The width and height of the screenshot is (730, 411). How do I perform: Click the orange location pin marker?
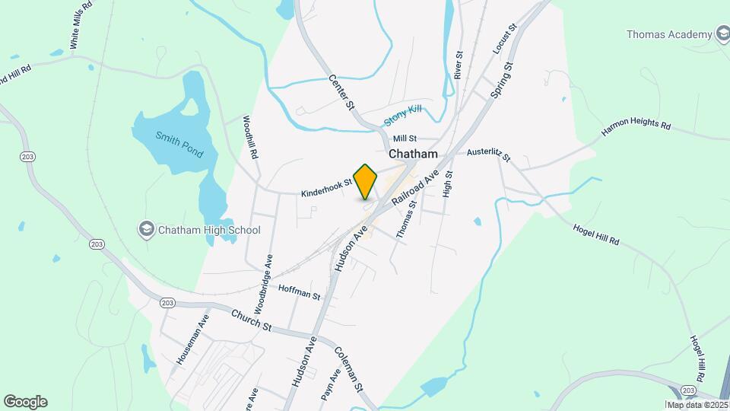tap(366, 181)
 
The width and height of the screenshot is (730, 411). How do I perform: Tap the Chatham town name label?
tap(413, 154)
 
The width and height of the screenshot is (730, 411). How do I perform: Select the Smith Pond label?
tap(179, 144)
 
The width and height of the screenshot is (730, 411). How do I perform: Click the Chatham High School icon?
tap(145, 229)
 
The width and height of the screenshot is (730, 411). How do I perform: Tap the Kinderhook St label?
tap(326, 188)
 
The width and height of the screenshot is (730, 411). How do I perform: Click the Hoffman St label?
tap(300, 291)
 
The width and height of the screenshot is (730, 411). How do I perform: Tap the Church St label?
tap(251, 320)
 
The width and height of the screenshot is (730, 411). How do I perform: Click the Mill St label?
tap(405, 139)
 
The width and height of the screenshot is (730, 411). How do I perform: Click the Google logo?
tap(25, 402)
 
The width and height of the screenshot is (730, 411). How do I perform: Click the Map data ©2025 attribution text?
tap(697, 405)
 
